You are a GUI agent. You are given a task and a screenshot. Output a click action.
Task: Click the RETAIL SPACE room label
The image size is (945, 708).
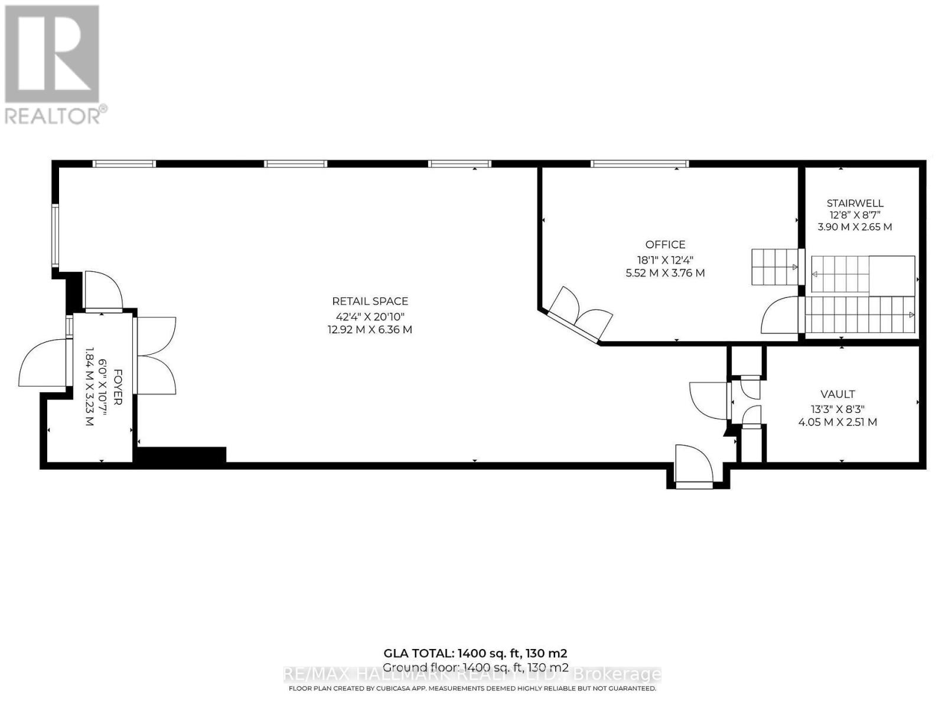click(370, 301)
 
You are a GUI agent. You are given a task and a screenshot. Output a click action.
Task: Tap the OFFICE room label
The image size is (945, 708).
click(665, 244)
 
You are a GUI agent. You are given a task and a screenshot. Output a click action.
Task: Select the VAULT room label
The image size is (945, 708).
click(838, 394)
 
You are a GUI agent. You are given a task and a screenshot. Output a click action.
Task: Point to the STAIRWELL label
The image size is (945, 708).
click(855, 204)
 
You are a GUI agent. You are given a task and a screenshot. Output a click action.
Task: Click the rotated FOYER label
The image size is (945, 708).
click(118, 387)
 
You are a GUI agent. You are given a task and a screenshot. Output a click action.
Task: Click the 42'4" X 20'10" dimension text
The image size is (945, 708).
click(370, 316)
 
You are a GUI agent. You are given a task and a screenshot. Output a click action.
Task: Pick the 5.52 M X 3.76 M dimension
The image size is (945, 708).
click(665, 273)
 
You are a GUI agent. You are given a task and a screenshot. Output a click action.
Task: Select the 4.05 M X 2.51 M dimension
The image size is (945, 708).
click(838, 422)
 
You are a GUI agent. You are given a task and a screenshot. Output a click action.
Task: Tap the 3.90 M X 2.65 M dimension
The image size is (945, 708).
click(855, 227)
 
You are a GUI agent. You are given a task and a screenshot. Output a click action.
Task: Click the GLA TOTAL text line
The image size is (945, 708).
click(475, 653)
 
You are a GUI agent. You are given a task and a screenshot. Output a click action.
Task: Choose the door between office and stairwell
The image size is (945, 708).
click(781, 316)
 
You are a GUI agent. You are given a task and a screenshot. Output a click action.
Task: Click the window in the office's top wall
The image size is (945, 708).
click(640, 163)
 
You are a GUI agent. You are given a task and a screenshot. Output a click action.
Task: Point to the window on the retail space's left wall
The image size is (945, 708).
click(55, 235)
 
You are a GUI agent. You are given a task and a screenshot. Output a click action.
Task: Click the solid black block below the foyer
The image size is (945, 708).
click(181, 454)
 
